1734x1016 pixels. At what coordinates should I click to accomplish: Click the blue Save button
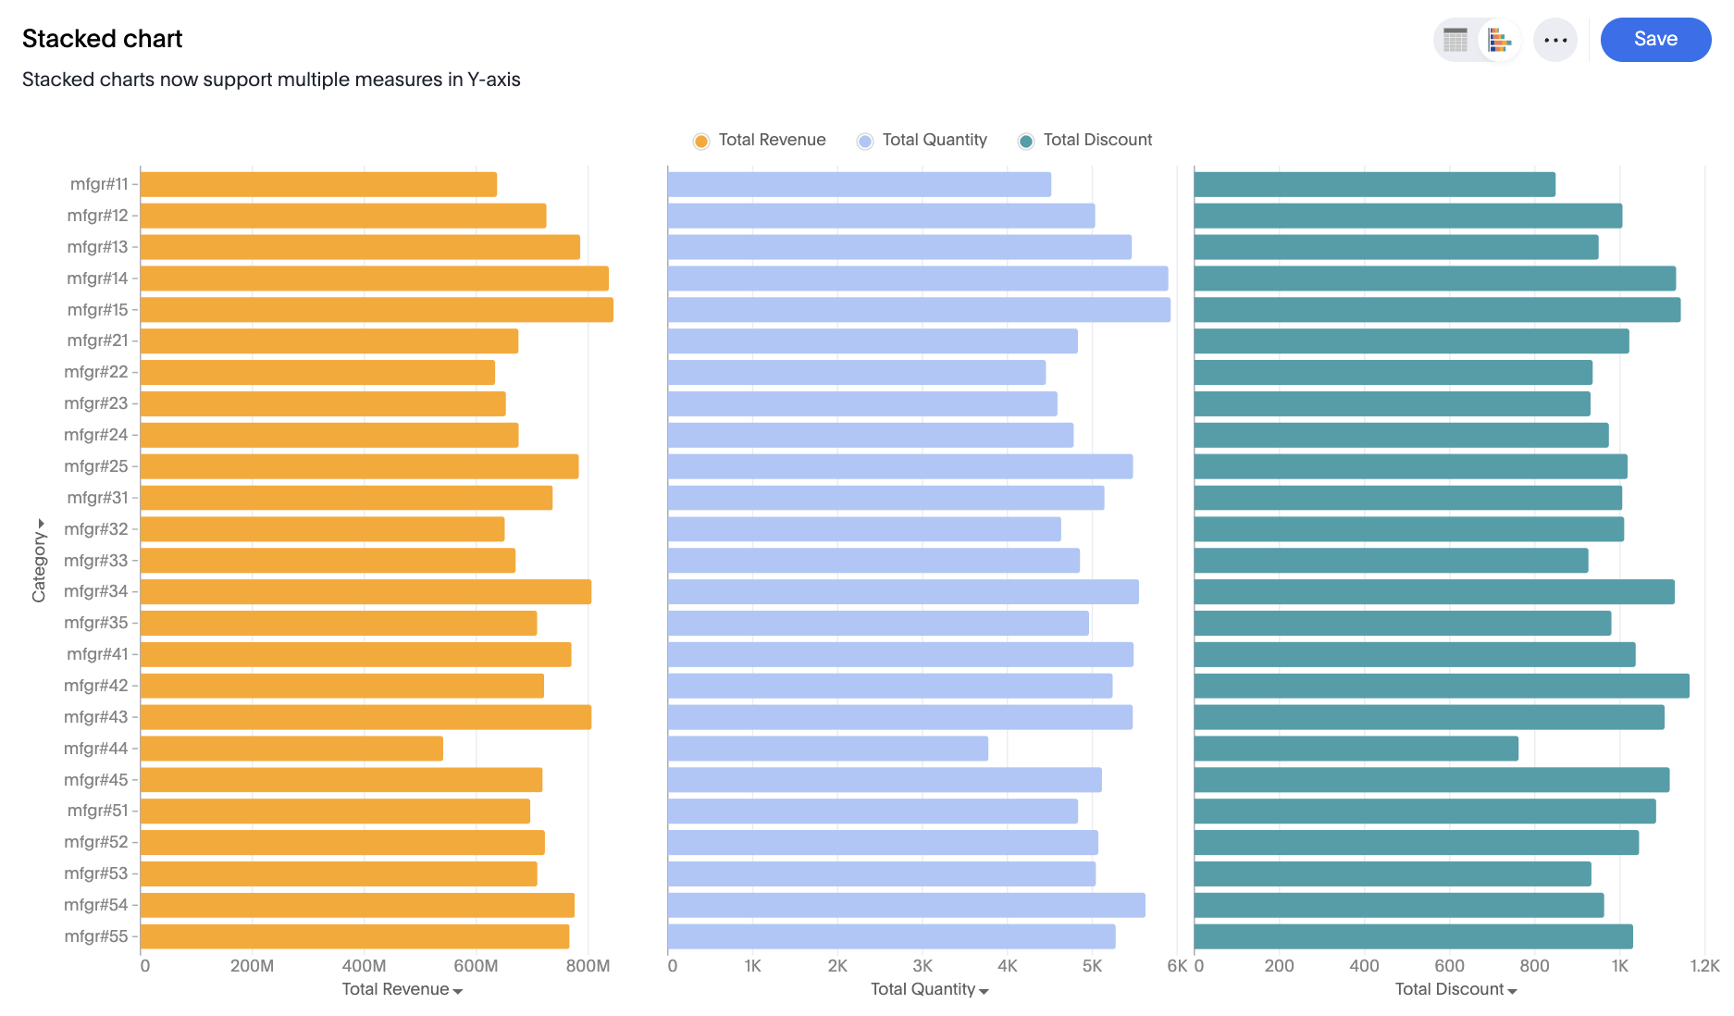click(1654, 40)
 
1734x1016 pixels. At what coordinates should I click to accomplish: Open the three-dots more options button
click(1554, 40)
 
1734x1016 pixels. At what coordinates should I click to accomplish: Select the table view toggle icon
click(1455, 40)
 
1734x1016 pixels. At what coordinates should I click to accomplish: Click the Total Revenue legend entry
click(760, 140)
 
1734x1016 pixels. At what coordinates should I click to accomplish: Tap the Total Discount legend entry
click(1085, 140)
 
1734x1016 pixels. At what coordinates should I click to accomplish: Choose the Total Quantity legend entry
click(923, 140)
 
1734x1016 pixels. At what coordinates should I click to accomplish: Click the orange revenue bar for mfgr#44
click(291, 749)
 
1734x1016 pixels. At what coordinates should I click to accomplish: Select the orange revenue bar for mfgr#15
click(377, 310)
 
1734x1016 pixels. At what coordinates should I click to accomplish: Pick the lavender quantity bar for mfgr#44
click(827, 749)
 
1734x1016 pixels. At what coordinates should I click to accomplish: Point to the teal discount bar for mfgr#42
click(1441, 686)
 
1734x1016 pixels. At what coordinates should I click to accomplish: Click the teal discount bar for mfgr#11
click(1374, 184)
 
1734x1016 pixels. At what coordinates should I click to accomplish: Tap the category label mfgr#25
click(96, 466)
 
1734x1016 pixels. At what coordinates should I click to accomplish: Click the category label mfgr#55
click(96, 936)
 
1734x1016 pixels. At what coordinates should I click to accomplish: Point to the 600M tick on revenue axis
click(476, 966)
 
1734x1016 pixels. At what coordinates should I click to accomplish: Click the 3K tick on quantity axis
click(923, 966)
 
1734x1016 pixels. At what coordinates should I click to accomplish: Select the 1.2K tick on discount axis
click(1704, 966)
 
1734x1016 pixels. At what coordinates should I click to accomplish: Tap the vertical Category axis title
click(39, 561)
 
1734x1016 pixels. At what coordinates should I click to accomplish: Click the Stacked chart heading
click(102, 39)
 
